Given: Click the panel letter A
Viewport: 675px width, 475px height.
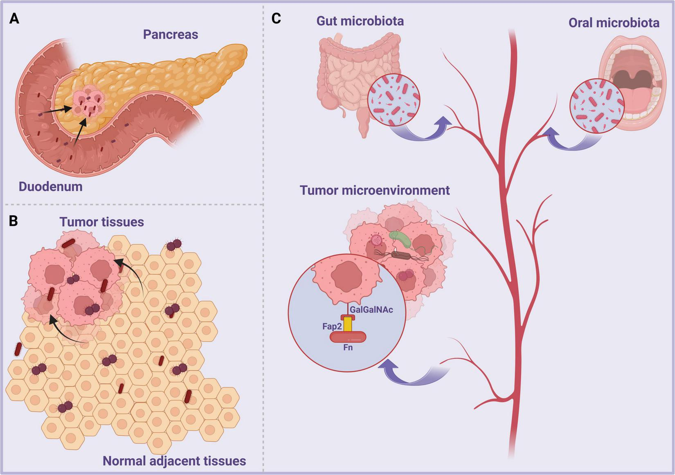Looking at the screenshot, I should pos(14,19).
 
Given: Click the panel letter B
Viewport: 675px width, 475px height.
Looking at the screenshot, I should pos(13,221).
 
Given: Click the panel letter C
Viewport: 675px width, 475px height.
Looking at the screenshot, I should pos(276,19).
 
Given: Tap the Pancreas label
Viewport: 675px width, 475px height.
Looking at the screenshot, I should pos(170,34).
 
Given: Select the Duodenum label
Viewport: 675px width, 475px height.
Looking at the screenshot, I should pos(50,187).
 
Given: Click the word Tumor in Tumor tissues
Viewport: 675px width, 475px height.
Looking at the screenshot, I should pos(79,222).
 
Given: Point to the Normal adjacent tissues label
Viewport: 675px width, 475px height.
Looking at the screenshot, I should pos(174,461).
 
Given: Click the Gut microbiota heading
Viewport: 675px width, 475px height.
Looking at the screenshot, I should pos(360,21).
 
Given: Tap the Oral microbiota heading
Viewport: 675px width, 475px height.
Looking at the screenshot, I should pos(614,23).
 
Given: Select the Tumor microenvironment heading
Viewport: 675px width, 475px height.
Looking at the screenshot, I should pos(374,190).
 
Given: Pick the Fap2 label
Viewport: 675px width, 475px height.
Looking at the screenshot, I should pos(331,326).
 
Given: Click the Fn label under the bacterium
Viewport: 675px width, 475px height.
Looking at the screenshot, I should pos(348,348).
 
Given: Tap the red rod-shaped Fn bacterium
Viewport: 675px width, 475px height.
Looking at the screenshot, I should pos(348,337).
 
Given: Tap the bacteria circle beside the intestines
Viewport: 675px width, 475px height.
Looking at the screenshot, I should pos(394,100).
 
